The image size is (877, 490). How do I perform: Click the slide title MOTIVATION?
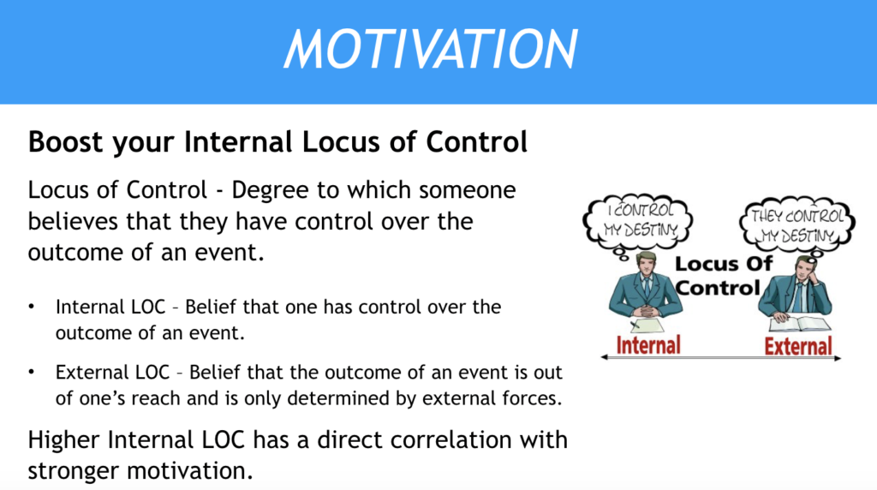click(x=431, y=49)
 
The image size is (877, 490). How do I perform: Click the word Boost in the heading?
click(x=66, y=141)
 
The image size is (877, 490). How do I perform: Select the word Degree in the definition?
click(x=270, y=191)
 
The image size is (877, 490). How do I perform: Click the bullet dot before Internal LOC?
click(x=32, y=307)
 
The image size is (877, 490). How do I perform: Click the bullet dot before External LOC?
click(x=32, y=372)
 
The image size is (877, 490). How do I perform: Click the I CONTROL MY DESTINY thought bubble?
click(x=638, y=221)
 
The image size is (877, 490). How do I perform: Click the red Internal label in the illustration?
click(x=648, y=345)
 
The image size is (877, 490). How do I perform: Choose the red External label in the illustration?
click(x=798, y=346)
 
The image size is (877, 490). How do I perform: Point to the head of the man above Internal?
click(x=646, y=264)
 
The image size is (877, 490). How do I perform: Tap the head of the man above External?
click(x=804, y=269)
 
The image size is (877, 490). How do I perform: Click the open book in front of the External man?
click(x=799, y=324)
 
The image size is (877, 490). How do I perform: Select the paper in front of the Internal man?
click(x=647, y=325)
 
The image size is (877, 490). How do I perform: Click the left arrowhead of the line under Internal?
click(x=604, y=357)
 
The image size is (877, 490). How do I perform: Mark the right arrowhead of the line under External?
click(x=838, y=358)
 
